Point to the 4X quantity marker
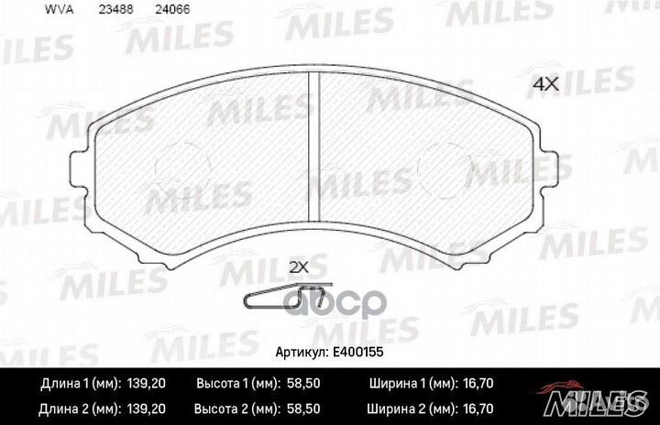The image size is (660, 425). pyautogui.click(x=545, y=83)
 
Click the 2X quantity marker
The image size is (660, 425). pyautogui.click(x=299, y=267)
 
